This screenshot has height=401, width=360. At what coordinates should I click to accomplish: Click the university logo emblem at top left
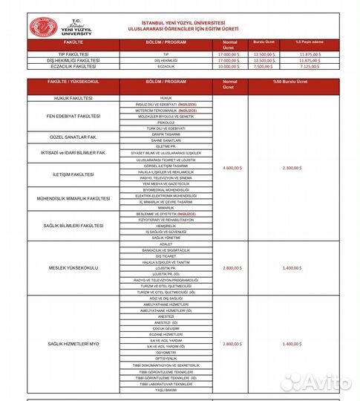(49, 27)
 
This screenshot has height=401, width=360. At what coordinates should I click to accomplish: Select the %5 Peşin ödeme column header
(310, 43)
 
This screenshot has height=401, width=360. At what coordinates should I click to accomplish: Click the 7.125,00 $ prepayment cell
(310, 65)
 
